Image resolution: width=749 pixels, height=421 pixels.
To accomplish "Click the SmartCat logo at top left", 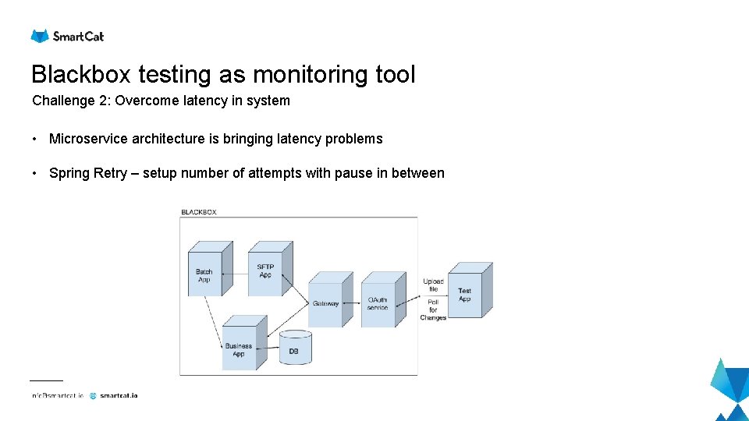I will [67, 36].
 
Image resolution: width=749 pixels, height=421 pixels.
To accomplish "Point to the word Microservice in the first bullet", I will [88, 139].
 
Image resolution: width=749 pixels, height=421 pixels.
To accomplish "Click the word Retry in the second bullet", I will [109, 173].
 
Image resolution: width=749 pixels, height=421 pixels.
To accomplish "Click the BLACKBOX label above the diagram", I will [199, 212].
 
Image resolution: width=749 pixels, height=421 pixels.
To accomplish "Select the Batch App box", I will [207, 273].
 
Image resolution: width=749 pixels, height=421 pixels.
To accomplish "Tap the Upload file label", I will [433, 285].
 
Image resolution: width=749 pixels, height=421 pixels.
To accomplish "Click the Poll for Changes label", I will [433, 309].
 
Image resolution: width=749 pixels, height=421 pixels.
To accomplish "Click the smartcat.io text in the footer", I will [119, 396].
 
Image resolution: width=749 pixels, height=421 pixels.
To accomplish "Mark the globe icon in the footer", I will [93, 396].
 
